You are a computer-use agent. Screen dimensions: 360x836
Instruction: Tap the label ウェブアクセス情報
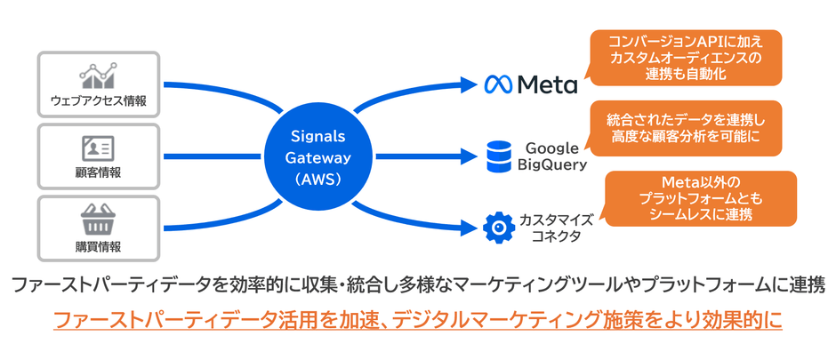pos(99,100)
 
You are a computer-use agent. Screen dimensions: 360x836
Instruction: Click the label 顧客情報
pos(99,172)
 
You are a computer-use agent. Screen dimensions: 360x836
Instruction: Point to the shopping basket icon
pos(99,218)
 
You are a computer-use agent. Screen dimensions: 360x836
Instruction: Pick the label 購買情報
pos(99,245)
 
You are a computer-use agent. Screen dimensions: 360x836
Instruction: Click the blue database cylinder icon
pos(498,156)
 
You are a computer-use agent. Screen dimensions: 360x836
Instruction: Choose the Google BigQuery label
pos(551,156)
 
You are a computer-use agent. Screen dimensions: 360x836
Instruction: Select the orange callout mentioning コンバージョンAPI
pos(685,57)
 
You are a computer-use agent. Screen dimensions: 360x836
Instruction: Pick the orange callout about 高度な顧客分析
pos(685,128)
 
